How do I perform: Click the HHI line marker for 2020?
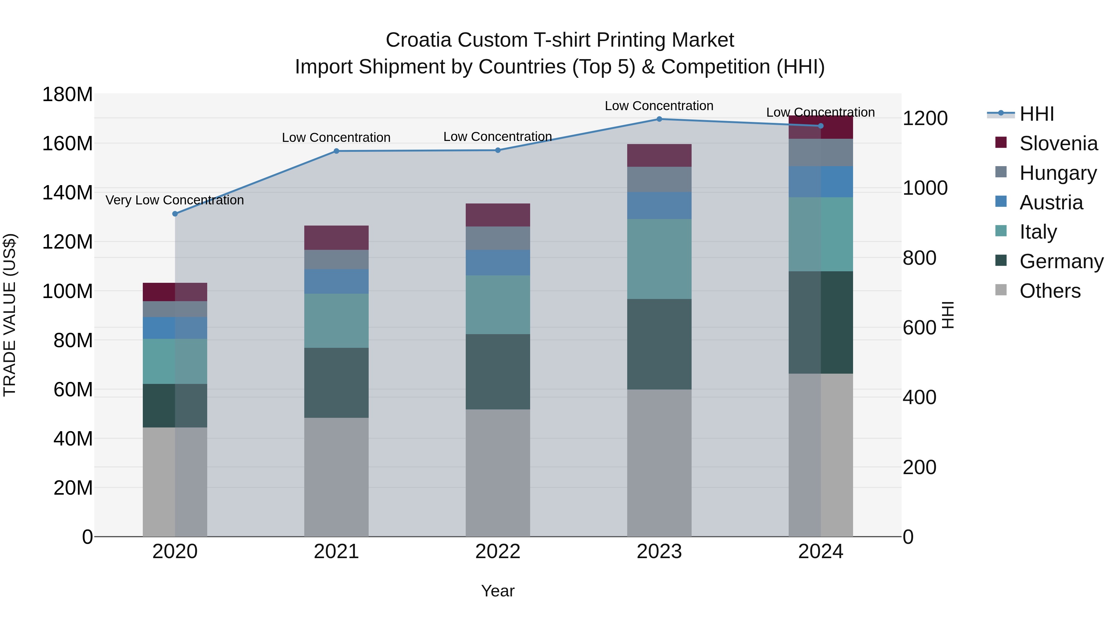click(x=175, y=214)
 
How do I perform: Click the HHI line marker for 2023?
click(x=659, y=119)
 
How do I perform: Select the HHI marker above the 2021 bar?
click(x=336, y=151)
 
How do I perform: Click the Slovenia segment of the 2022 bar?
click(x=498, y=215)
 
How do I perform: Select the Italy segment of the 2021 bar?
click(x=336, y=320)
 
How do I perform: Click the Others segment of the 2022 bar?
click(x=498, y=473)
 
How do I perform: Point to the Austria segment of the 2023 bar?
click(x=659, y=206)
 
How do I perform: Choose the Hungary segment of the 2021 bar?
click(x=336, y=259)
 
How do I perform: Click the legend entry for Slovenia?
click(x=1058, y=143)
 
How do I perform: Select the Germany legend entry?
click(x=1061, y=261)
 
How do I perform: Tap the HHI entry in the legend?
click(x=1037, y=114)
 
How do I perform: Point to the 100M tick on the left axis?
click(x=68, y=291)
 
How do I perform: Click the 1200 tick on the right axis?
click(x=925, y=118)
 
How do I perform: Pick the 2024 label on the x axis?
click(x=820, y=552)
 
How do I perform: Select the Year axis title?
click(x=498, y=591)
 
